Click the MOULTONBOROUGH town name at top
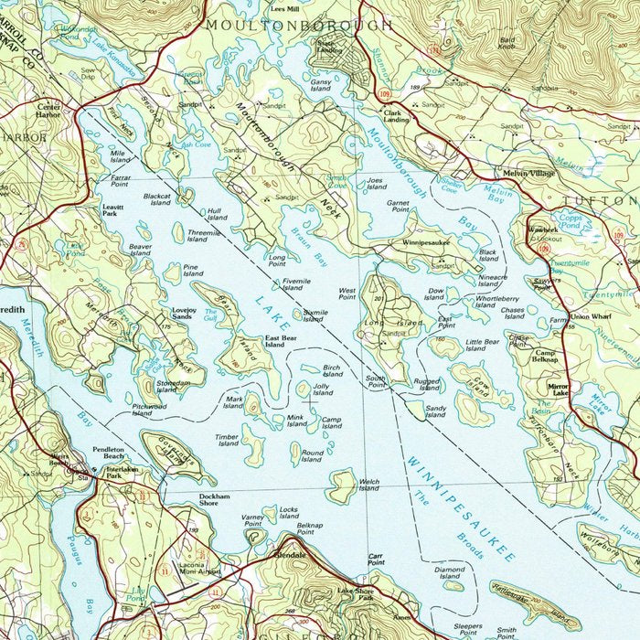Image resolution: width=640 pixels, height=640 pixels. [x=300, y=25]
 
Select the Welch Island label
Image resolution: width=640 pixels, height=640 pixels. [x=369, y=485]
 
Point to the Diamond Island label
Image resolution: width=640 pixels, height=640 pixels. [x=449, y=572]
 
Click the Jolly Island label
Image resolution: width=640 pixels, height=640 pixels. [x=323, y=390]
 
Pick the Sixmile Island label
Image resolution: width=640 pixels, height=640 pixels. [x=314, y=315]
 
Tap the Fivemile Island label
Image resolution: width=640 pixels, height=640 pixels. [x=296, y=284]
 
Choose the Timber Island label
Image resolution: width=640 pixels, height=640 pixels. [x=228, y=441]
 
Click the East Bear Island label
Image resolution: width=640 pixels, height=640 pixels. [x=281, y=342]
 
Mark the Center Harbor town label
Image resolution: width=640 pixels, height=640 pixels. [x=48, y=109]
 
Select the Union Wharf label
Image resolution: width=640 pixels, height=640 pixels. [x=590, y=317]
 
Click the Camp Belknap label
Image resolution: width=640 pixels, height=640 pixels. [x=546, y=357]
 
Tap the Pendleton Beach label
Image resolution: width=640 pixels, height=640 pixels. [x=108, y=453]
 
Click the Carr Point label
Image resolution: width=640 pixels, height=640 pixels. [x=376, y=559]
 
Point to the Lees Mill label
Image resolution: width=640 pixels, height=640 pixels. [x=284, y=7]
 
